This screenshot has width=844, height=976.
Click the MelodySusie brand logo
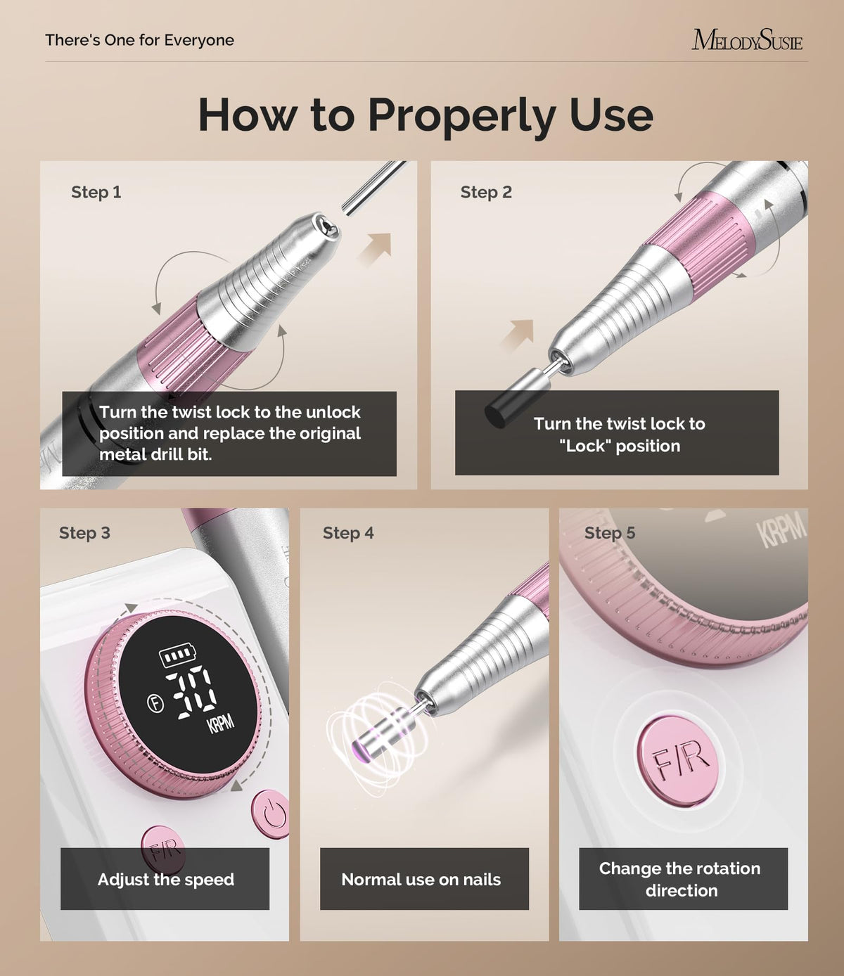[x=747, y=39]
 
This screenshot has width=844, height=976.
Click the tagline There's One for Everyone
[x=139, y=40]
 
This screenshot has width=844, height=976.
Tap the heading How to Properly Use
[x=426, y=115]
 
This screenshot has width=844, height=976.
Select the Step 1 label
[x=96, y=192]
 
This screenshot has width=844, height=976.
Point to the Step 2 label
[x=486, y=192]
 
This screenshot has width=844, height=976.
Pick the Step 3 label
[x=84, y=533]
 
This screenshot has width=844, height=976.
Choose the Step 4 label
[x=348, y=533]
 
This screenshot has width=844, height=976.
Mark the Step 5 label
[x=610, y=533]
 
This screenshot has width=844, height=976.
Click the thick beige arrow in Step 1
[x=376, y=249]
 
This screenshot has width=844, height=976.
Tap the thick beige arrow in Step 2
[x=518, y=335]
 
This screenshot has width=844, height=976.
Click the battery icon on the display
[x=177, y=655]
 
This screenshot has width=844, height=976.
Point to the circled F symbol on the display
[x=155, y=704]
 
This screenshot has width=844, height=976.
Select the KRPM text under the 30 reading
[x=221, y=723]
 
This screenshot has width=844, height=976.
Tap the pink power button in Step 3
[x=271, y=814]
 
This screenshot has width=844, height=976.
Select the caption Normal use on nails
[x=421, y=879]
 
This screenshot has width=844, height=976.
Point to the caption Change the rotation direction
[x=680, y=879]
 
